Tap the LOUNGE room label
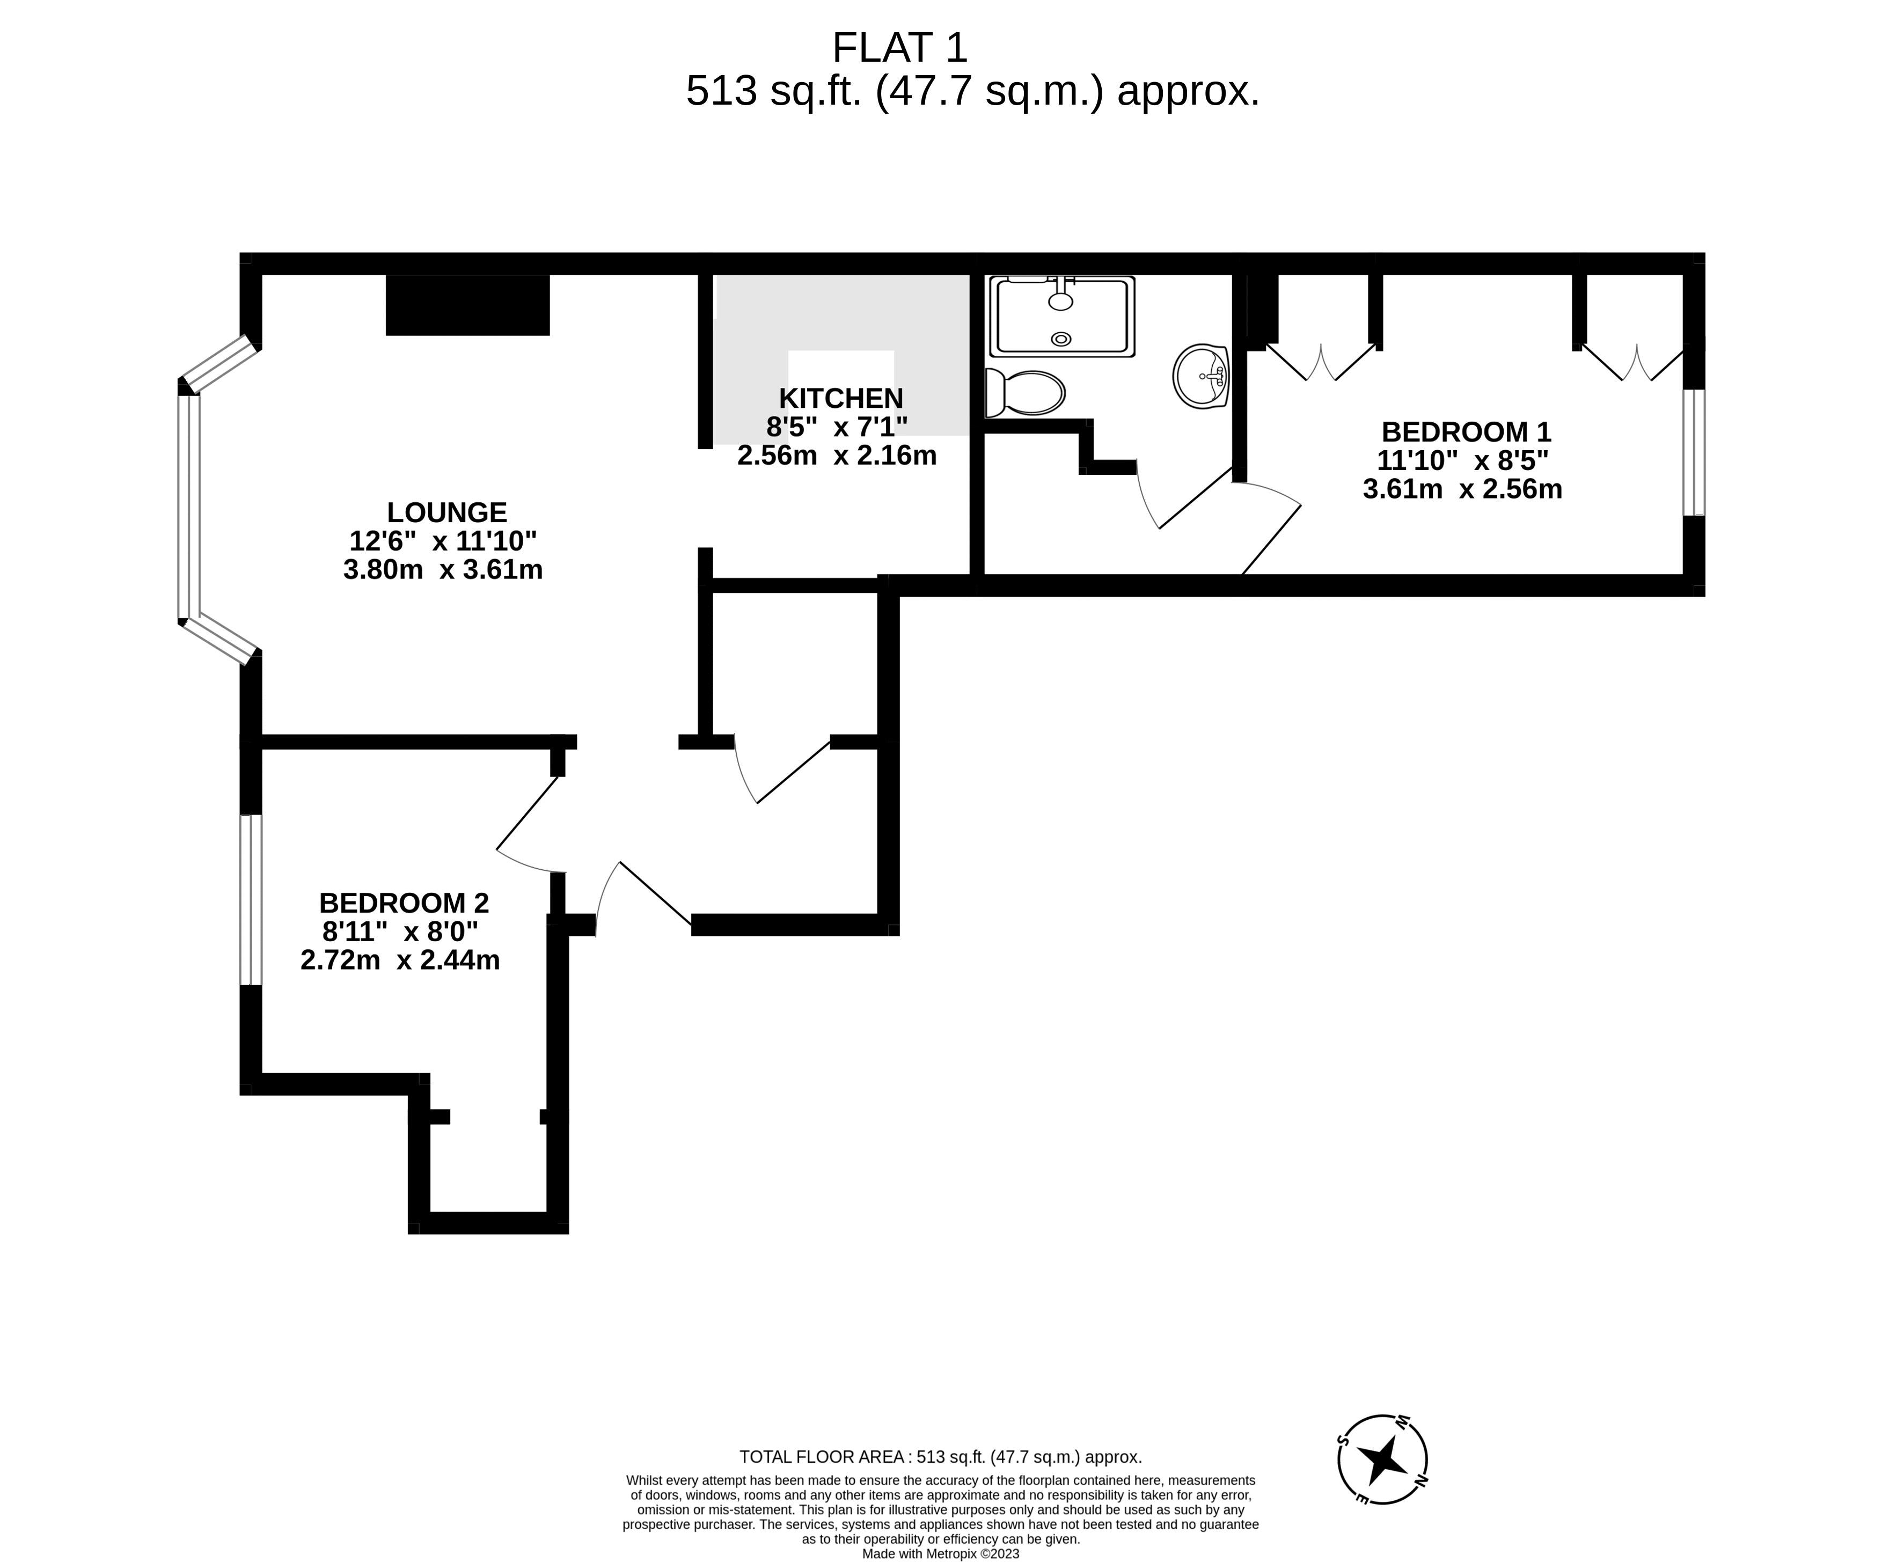446,512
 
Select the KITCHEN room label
840,398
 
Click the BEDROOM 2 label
404,903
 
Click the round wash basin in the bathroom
1200,376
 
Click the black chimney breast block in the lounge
467,305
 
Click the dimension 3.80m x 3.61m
443,570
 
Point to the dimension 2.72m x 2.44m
400,960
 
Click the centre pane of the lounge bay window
189,507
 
